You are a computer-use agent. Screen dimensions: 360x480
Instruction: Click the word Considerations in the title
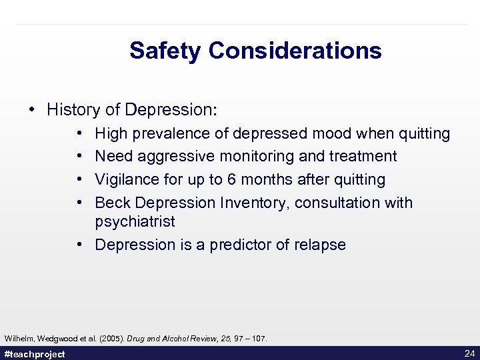tap(295, 51)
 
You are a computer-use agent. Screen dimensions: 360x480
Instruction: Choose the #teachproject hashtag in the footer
tap(35, 354)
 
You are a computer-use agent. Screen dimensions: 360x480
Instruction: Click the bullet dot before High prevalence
tap(79, 133)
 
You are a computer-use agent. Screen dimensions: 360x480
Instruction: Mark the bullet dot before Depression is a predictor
tap(79, 245)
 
